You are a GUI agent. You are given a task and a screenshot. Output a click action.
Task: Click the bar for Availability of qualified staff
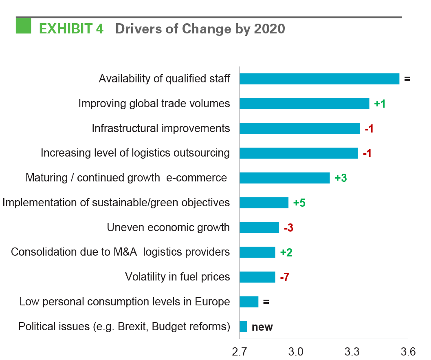[x=319, y=79]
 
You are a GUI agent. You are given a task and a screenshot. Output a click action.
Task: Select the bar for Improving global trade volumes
[x=304, y=104]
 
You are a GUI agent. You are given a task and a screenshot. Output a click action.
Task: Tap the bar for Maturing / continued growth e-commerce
[x=284, y=178]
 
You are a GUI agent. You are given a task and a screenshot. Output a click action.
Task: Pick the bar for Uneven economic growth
[x=259, y=227]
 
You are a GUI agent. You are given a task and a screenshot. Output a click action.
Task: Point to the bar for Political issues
[x=243, y=327]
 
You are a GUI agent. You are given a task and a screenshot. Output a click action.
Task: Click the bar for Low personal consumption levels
[x=249, y=302]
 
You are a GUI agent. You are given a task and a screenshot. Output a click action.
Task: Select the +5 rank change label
[x=299, y=203]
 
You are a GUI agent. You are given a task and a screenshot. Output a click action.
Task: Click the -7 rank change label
[x=284, y=277]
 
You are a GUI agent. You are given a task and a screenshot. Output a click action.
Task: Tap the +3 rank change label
[x=340, y=178]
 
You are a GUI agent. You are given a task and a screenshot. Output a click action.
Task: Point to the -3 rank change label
[x=288, y=227]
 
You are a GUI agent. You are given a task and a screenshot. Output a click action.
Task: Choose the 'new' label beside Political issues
[x=262, y=327]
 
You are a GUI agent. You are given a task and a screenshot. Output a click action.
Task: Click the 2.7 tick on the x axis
[x=240, y=351]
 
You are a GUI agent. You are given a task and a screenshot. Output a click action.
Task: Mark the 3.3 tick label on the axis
[x=352, y=351]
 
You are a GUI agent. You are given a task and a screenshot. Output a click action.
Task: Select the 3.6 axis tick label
[x=408, y=351]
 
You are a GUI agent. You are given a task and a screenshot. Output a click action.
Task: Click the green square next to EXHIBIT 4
[x=23, y=26]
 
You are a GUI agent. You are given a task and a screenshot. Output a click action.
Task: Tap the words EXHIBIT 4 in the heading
[x=71, y=29]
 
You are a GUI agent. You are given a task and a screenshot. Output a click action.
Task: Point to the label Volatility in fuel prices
[x=177, y=277]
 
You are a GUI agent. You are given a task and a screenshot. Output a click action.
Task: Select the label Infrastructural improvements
[x=161, y=128]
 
